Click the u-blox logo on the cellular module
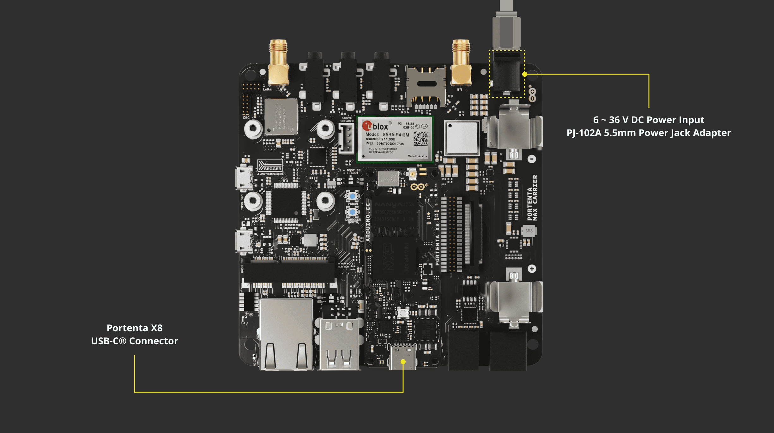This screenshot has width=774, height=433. tap(375, 126)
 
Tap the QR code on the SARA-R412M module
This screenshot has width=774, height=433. tap(420, 138)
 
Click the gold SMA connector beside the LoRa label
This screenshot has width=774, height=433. tap(278, 63)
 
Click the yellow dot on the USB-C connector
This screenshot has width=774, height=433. tap(403, 362)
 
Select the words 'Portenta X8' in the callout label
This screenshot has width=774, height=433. tap(135, 328)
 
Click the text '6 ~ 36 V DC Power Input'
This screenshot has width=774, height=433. tap(649, 120)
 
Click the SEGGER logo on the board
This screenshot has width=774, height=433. tap(270, 166)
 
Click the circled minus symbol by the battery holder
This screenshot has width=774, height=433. tap(532, 159)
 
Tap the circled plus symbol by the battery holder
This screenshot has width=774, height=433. tap(532, 269)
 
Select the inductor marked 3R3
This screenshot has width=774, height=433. tap(529, 231)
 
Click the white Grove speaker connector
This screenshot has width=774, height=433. tap(346, 138)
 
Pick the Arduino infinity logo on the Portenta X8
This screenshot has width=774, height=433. tap(418, 187)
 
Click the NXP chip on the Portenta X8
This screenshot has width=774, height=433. tap(394, 257)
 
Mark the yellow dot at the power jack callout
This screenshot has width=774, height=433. tap(525, 74)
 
